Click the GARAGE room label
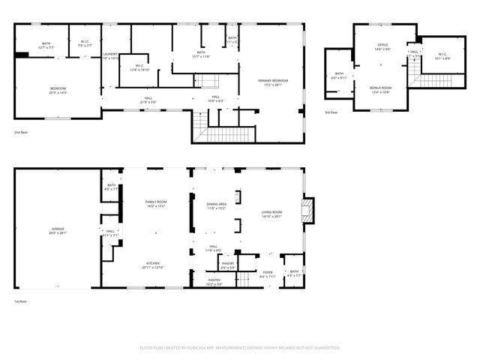[58, 230]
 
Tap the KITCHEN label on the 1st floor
[152, 264]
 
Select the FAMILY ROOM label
[155, 202]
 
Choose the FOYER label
[267, 272]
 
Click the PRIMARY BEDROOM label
[273, 80]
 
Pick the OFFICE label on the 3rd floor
[382, 46]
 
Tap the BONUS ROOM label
[380, 88]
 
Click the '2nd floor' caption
[22, 132]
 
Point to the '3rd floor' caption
[331, 112]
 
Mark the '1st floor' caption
[22, 301]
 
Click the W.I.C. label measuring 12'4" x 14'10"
[139, 66]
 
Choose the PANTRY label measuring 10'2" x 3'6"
[214, 282]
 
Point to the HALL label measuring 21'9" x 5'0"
[148, 97]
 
